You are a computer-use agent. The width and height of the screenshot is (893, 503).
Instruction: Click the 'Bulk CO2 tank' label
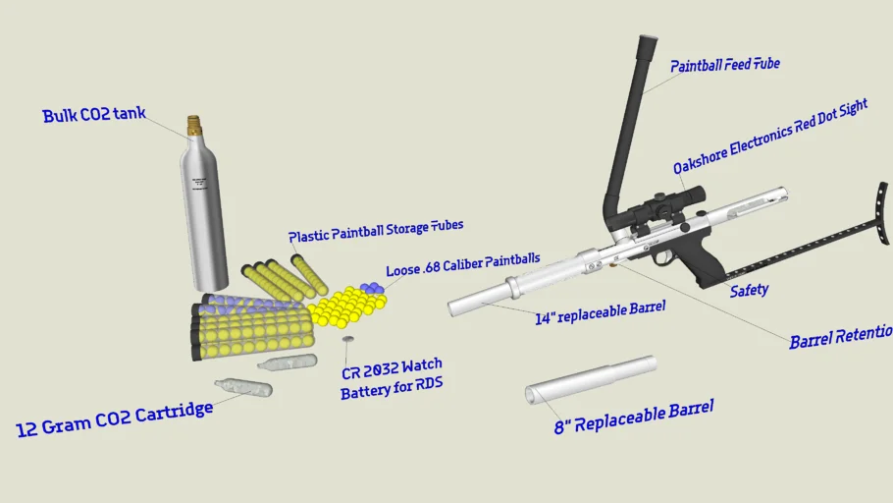pyautogui.click(x=93, y=115)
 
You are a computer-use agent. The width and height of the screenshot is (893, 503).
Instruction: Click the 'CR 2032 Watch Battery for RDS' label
pyautogui.click(x=392, y=382)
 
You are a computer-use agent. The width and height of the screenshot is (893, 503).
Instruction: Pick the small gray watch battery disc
pyautogui.click(x=347, y=340)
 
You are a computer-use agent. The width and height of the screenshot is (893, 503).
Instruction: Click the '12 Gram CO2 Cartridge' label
pyautogui.click(x=115, y=419)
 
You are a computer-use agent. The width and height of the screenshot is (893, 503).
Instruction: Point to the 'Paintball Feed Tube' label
pyautogui.click(x=724, y=66)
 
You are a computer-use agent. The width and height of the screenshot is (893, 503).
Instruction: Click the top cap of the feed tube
pyautogui.click(x=647, y=44)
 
